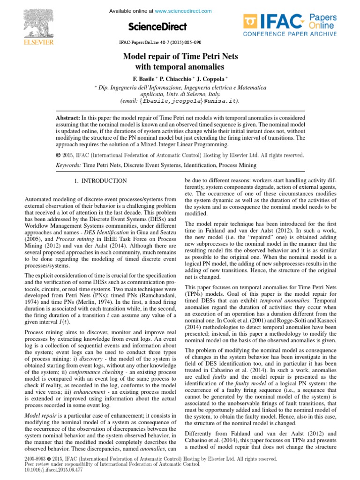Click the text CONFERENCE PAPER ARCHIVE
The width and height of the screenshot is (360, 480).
tap(289, 34)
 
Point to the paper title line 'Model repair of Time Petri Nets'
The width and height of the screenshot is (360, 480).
tap(180, 57)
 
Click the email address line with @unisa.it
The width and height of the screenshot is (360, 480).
tap(180, 100)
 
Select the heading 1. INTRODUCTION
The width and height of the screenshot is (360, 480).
tap(100, 180)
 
